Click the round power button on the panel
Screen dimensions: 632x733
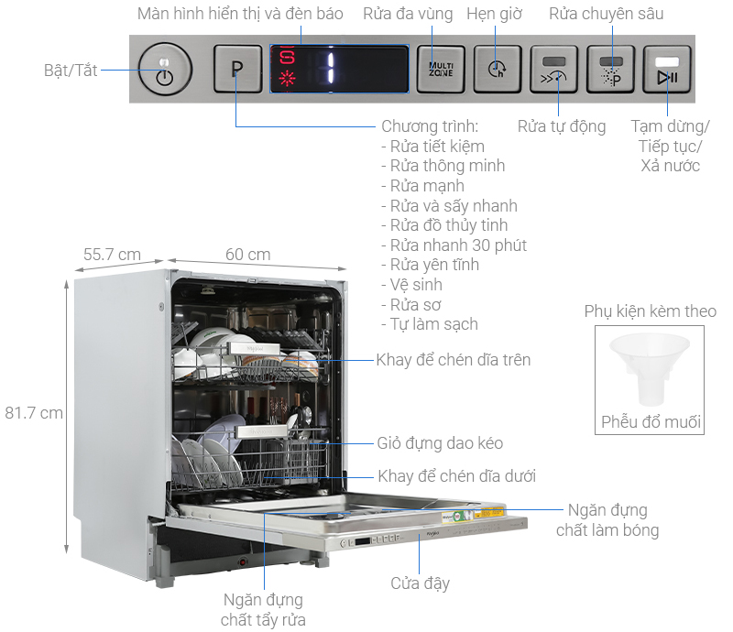(165, 70)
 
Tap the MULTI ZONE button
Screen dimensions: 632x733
(442, 70)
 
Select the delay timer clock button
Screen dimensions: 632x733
(497, 70)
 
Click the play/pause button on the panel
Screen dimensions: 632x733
(667, 71)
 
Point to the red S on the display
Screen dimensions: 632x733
(289, 57)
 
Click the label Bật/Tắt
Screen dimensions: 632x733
(70, 71)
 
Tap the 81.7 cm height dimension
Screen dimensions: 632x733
(33, 412)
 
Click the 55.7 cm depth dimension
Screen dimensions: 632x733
(112, 254)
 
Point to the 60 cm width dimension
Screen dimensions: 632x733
(247, 254)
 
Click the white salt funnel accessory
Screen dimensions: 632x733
(650, 366)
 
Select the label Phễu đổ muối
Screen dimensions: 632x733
(651, 422)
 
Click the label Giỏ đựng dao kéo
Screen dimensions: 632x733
(440, 443)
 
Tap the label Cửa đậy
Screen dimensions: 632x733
(420, 583)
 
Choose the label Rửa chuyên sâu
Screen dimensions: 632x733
(606, 14)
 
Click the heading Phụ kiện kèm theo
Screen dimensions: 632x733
(651, 311)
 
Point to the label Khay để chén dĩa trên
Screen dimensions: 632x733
(453, 360)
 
